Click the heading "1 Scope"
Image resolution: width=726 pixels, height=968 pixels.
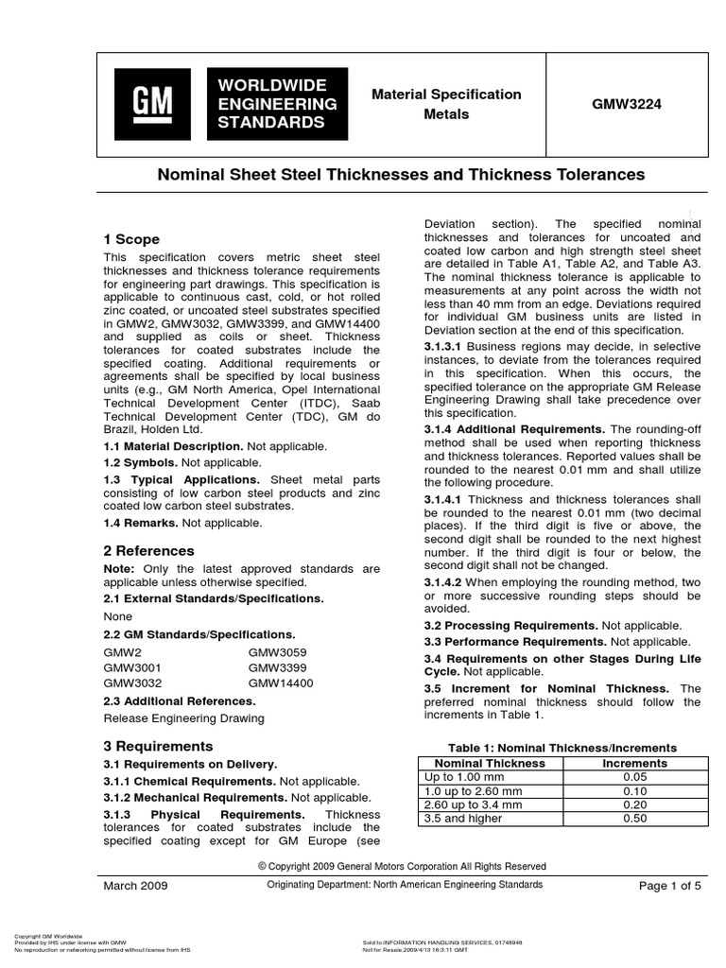(131, 239)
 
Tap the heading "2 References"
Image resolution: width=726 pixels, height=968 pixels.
(148, 550)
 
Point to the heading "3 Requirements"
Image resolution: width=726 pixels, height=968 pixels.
(158, 746)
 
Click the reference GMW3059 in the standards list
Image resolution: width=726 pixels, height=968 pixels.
(277, 652)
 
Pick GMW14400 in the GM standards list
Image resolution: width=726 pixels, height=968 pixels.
(281, 683)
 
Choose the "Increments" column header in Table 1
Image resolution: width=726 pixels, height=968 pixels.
(634, 763)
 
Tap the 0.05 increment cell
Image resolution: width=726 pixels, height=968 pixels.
(634, 776)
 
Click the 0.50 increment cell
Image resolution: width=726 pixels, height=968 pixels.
(634, 819)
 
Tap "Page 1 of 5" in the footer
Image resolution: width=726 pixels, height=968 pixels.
(669, 886)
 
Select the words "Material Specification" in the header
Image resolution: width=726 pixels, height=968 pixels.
(445, 95)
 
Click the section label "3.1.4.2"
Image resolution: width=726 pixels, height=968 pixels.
(442, 581)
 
